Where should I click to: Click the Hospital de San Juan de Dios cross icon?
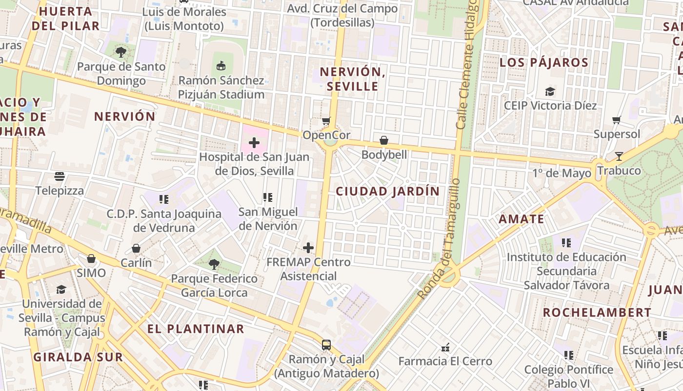tap(254, 143)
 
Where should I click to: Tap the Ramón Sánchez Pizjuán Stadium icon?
tap(221, 65)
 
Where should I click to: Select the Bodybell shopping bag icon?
tap(384, 141)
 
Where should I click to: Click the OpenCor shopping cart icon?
tap(326, 121)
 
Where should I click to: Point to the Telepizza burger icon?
tap(60, 176)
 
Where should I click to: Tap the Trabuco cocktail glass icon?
tap(619, 156)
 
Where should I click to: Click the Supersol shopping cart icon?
tap(617, 120)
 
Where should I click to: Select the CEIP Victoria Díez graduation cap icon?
tap(550, 91)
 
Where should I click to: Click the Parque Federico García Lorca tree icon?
tap(214, 264)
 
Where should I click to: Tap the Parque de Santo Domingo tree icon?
tap(121, 52)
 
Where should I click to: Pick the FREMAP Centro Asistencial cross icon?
tap(308, 248)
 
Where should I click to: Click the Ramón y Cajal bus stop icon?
tap(326, 345)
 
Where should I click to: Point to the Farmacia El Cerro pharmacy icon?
tap(445, 348)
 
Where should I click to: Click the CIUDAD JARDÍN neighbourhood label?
tap(388, 191)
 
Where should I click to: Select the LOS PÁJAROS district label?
tap(544, 63)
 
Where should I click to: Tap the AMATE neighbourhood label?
tap(521, 219)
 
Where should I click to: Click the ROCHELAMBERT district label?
tap(597, 312)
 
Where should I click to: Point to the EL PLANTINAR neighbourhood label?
tap(196, 328)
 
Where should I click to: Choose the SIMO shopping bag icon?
tap(91, 259)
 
